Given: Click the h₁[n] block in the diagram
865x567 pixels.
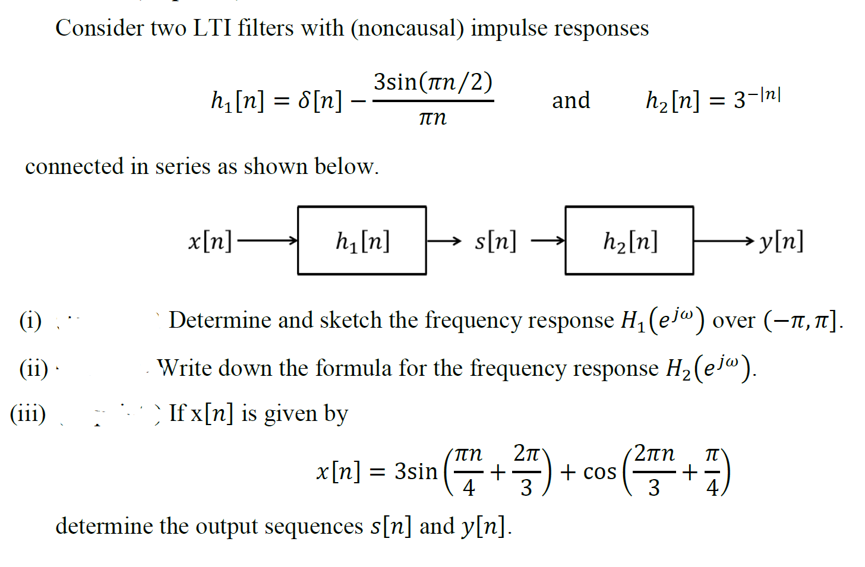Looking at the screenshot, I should (x=362, y=240).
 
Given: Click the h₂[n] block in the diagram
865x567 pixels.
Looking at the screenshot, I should (x=629, y=240).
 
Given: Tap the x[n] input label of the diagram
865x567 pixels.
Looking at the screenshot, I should (x=210, y=241).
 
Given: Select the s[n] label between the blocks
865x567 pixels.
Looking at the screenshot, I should (x=495, y=241).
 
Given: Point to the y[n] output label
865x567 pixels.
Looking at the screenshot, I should (x=781, y=241).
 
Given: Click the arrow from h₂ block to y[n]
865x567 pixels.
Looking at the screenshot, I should (x=724, y=240).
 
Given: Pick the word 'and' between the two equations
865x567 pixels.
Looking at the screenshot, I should (x=571, y=100).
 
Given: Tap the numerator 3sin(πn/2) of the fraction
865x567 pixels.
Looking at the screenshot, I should (x=433, y=82).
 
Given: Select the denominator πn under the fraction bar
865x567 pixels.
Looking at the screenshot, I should (x=432, y=118).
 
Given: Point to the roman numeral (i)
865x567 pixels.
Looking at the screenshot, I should (x=30, y=321).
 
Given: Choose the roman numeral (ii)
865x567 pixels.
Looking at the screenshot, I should (x=33, y=368).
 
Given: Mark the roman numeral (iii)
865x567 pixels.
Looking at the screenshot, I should (x=28, y=413).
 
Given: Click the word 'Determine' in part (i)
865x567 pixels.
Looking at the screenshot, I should (x=220, y=320).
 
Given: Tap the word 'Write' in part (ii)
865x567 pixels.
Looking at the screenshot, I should (x=183, y=368).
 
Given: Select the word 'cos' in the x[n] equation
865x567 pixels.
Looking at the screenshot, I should (x=599, y=472).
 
